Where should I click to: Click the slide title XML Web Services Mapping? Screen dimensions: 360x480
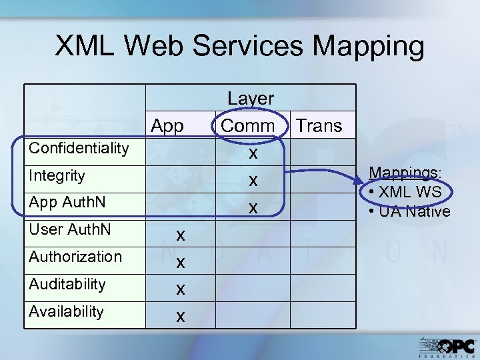239,47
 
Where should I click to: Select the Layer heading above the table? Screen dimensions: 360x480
251,98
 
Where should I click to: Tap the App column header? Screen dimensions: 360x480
168,125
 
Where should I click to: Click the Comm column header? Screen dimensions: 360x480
248,125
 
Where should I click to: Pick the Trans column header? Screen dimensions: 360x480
319,125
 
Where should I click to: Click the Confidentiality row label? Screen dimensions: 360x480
79,148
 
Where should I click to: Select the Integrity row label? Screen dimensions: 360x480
57,176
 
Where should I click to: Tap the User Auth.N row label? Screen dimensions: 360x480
70,230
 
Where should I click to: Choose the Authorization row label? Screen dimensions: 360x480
75,257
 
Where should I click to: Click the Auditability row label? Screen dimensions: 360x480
67,284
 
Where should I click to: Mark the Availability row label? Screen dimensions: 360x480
66,311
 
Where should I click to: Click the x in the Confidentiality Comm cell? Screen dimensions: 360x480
253,153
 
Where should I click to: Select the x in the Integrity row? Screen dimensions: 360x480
253,181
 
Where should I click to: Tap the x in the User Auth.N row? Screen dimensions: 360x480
180,235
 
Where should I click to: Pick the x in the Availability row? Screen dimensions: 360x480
180,316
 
